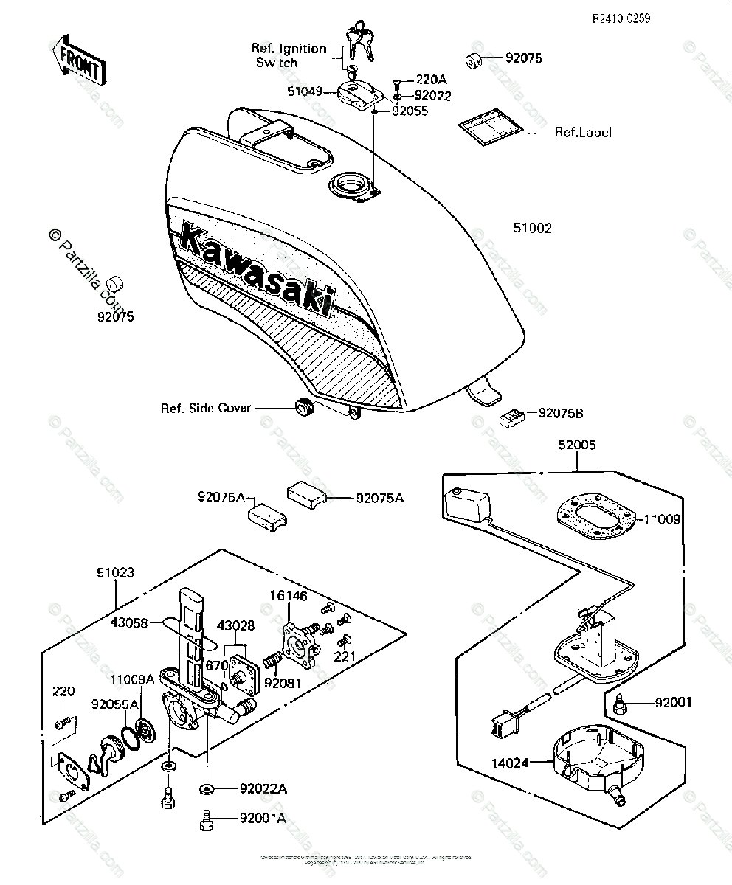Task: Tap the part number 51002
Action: point(533,229)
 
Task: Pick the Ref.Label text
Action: point(583,133)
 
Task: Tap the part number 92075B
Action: point(560,414)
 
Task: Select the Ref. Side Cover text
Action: point(207,408)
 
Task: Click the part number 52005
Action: point(577,445)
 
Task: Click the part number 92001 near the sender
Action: point(673,702)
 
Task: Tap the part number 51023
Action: point(116,572)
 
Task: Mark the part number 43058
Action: point(128,622)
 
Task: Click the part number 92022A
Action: point(263,789)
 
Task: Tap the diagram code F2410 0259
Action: point(621,19)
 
